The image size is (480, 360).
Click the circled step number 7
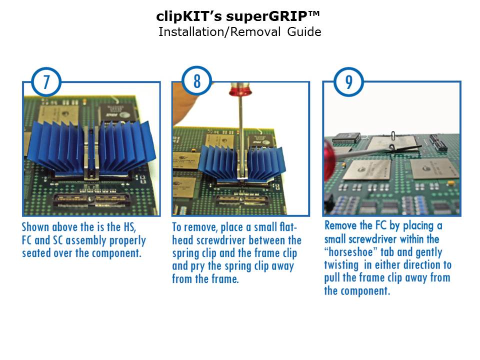coord(46,82)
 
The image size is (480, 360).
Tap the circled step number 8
coord(197,81)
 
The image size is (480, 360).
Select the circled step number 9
coord(348,82)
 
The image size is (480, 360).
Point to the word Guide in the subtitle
coord(304,32)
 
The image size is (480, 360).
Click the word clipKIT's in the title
coord(189,16)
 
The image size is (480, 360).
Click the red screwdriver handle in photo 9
coord(331,163)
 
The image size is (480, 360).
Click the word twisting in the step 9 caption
coord(341,265)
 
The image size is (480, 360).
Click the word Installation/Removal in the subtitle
coord(219,32)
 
